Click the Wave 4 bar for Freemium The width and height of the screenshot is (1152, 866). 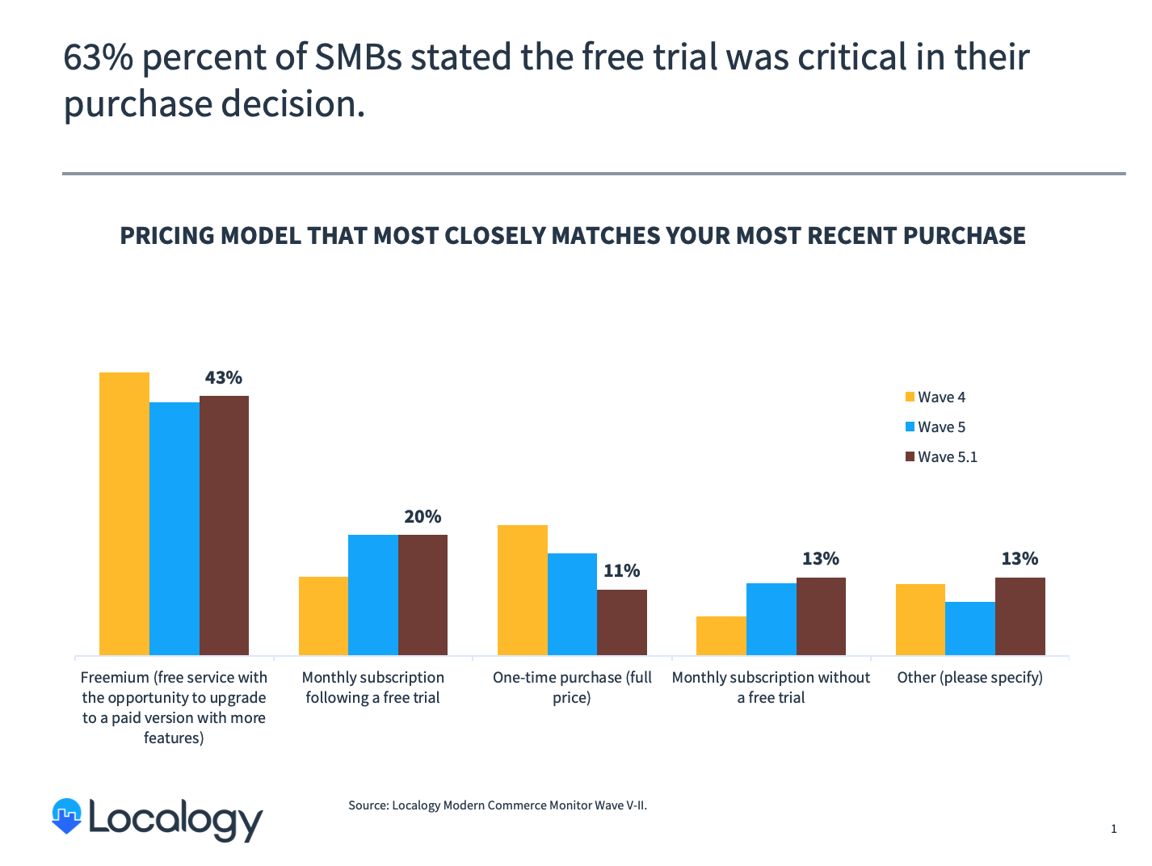click(124, 513)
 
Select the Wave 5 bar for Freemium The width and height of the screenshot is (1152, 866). click(174, 528)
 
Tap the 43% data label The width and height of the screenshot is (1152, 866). click(223, 377)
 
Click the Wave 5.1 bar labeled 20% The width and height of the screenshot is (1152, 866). click(423, 595)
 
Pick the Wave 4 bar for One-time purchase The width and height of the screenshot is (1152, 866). click(523, 590)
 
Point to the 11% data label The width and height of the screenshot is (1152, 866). click(621, 571)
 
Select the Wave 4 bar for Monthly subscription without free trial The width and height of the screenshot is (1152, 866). click(721, 636)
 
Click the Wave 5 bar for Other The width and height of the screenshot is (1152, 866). click(970, 628)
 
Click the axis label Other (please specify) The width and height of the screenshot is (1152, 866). click(969, 678)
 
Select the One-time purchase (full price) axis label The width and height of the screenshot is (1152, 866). click(572, 687)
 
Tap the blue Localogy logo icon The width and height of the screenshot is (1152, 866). click(67, 816)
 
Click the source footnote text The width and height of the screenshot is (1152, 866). click(498, 805)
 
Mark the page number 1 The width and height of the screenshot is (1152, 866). click(1114, 829)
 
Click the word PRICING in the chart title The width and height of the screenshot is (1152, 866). click(167, 236)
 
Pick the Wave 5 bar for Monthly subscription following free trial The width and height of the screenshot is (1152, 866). click(373, 595)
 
